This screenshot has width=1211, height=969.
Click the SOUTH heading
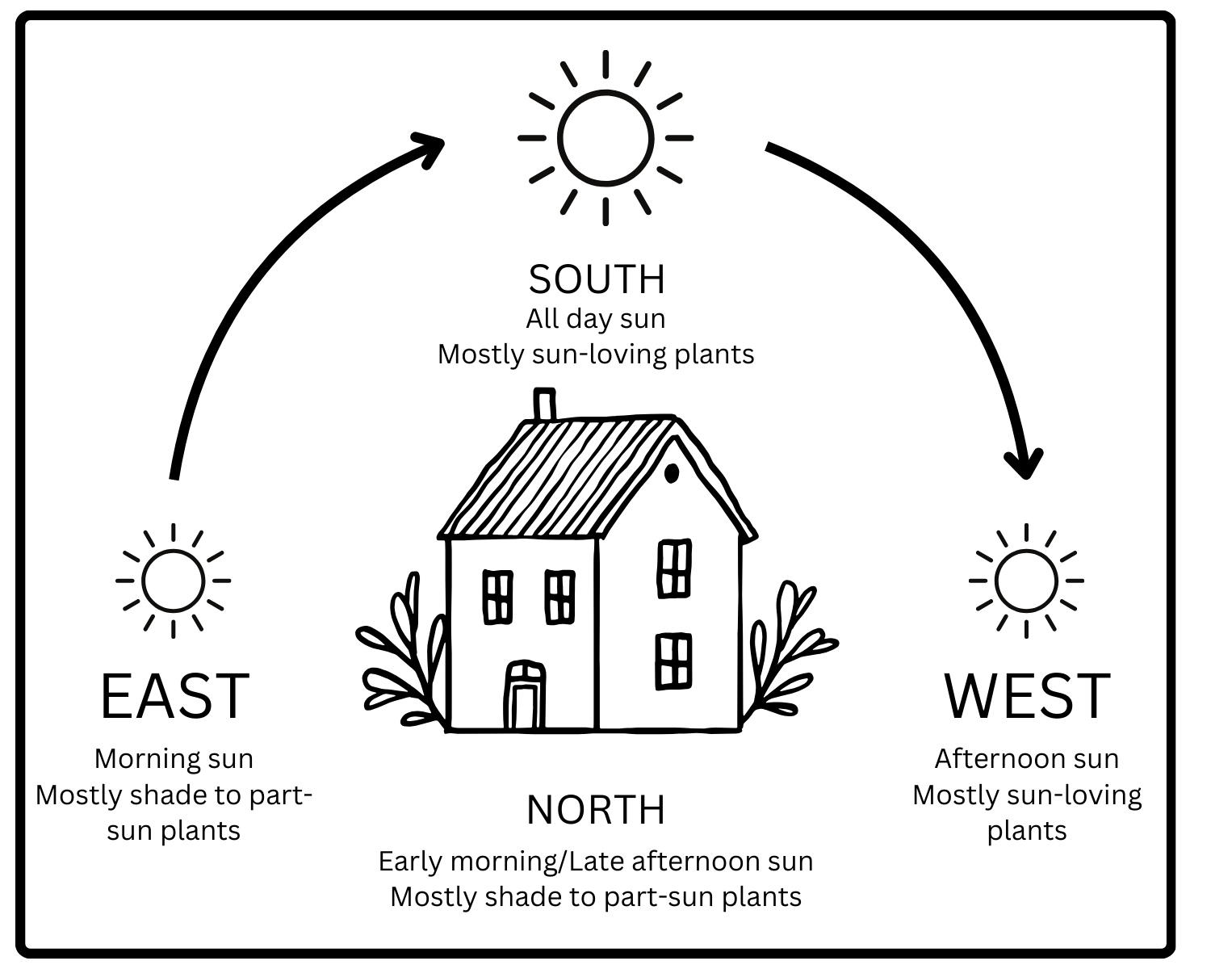[597, 279]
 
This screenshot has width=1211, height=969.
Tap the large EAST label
[174, 696]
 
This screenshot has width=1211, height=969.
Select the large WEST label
[1027, 696]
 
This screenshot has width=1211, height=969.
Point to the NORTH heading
[596, 810]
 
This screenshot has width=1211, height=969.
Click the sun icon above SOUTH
[605, 138]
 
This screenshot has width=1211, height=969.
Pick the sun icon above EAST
[173, 581]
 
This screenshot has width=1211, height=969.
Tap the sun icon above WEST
[1026, 581]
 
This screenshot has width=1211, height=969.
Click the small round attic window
[671, 474]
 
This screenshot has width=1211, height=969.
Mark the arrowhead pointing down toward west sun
[1025, 464]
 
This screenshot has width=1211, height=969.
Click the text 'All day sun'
[596, 319]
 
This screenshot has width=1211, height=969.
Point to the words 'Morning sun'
[174, 759]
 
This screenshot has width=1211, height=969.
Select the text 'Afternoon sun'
[1027, 759]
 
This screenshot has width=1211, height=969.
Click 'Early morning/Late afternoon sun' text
[596, 862]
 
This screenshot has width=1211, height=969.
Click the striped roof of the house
[557, 476]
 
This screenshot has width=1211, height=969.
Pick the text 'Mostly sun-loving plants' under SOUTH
[596, 354]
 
